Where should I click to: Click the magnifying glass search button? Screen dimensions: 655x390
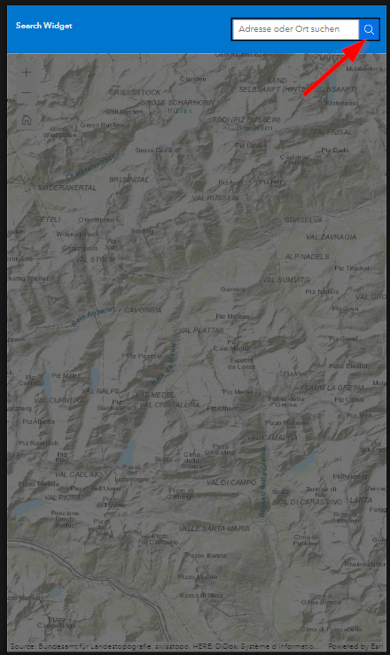[x=370, y=30]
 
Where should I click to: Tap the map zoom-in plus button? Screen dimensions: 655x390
[x=26, y=73]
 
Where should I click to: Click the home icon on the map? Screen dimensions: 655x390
[x=26, y=119]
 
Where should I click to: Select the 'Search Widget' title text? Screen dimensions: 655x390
[x=44, y=26]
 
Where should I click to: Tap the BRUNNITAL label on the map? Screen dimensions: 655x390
[x=129, y=179]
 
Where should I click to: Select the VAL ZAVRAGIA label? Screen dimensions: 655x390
[x=331, y=236]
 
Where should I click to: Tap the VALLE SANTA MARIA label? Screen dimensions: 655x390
[x=214, y=528]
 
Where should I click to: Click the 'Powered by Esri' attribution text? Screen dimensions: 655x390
[x=360, y=646]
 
